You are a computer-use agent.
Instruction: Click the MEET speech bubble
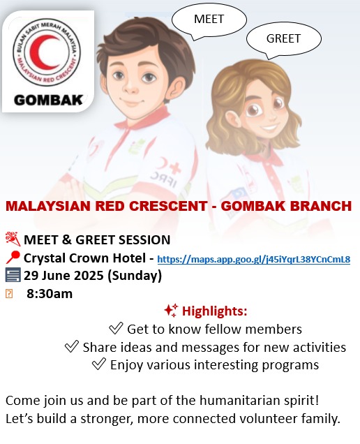[x=209, y=20]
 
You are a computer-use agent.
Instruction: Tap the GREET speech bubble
[x=283, y=39]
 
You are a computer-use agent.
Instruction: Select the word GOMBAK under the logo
[x=48, y=101]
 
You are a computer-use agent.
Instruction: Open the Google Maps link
[x=253, y=259]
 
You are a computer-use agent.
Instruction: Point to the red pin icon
[x=13, y=258]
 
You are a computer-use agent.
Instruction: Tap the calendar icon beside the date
[x=13, y=275]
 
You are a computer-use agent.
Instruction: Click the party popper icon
[x=13, y=239]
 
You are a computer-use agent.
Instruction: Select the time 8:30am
[x=50, y=294]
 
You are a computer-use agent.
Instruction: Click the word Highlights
[x=214, y=311]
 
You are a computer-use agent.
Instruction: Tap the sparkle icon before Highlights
[x=171, y=311]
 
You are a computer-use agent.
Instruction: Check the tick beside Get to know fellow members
[x=116, y=329]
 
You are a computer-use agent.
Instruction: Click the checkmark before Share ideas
[x=72, y=346]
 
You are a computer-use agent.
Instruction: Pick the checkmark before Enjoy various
[x=99, y=364]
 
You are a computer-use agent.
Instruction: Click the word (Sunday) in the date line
[x=135, y=276]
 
